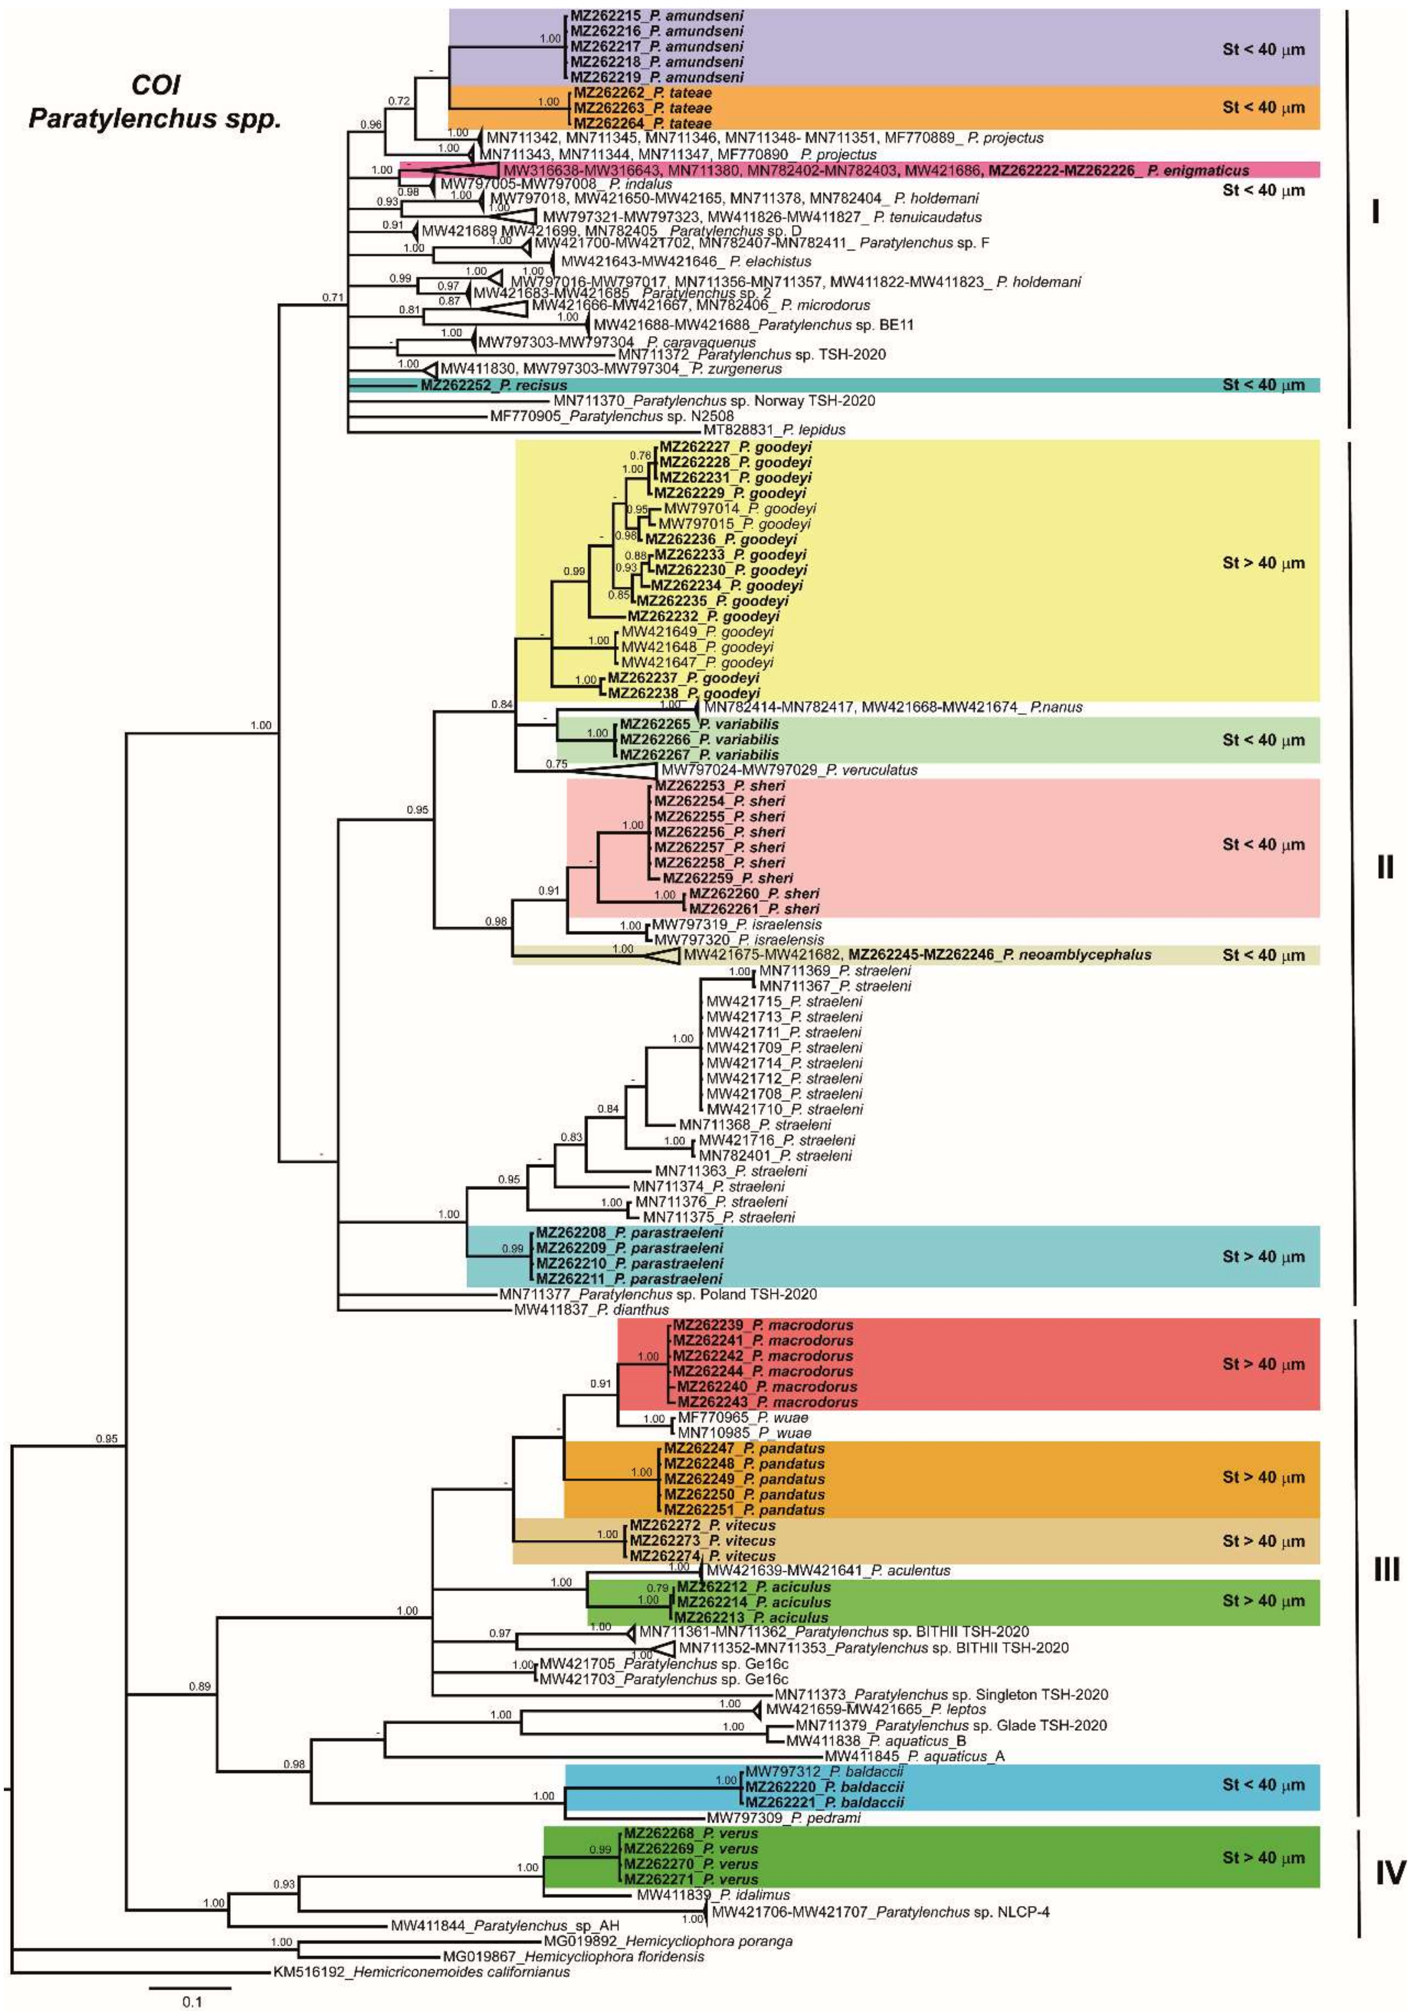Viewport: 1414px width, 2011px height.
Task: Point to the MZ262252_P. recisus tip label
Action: click(x=493, y=385)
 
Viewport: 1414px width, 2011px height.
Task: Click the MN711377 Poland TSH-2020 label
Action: click(x=658, y=1294)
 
